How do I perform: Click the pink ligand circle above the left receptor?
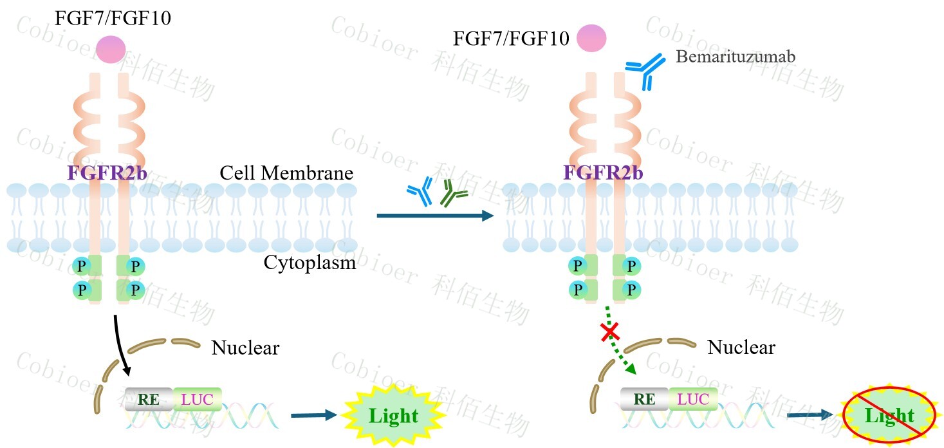coord(110,50)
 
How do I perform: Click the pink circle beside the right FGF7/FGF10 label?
coord(591,38)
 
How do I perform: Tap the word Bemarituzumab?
coord(736,57)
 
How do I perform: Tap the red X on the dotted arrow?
coord(609,332)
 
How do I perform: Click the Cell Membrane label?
coord(286,173)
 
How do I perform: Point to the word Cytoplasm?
coord(310,263)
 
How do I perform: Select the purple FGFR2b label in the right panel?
coord(603,173)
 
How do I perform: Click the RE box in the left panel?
coord(149,399)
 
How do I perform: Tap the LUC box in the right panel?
coord(692,399)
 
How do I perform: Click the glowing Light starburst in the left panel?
coord(394,416)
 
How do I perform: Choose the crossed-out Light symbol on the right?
coord(889,416)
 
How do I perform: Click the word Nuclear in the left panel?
coord(245,348)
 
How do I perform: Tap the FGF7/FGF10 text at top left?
coord(113,17)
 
